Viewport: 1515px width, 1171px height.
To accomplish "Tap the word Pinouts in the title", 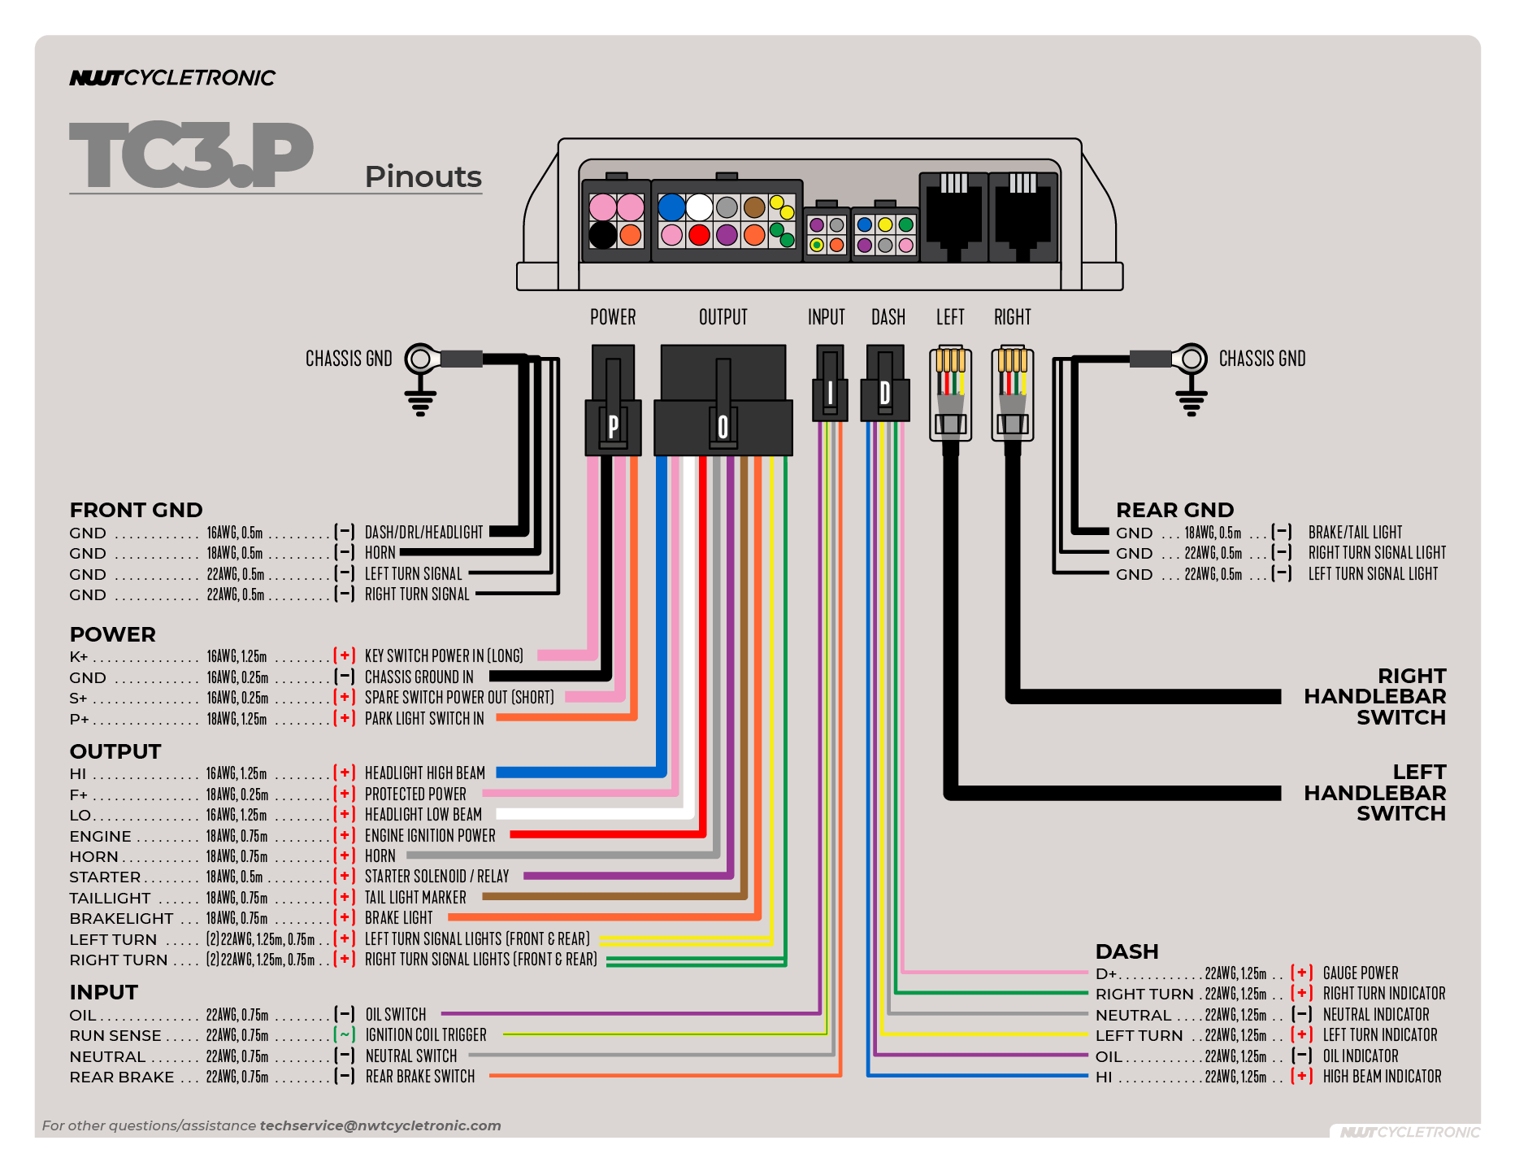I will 423,176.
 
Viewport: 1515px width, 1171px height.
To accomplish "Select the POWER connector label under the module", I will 613,317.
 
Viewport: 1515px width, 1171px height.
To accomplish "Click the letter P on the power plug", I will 613,425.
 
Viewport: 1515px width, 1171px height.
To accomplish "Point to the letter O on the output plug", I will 723,427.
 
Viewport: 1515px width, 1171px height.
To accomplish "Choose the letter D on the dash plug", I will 885,394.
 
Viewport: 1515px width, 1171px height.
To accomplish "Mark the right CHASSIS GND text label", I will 1262,359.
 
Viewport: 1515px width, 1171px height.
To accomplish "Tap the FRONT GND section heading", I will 136,510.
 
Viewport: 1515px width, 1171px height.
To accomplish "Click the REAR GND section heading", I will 1174,510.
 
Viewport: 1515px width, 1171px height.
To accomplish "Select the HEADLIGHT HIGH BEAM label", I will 424,773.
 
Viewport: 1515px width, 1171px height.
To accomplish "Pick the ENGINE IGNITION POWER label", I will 430,835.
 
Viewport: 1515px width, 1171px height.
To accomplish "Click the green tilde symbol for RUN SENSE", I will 345,1034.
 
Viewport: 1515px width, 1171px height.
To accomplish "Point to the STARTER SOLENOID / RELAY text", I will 436,876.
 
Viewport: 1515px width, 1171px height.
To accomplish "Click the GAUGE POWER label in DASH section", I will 1360,973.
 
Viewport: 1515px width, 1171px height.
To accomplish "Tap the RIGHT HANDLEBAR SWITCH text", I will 1374,696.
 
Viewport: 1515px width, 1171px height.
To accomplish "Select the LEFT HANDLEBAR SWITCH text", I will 1374,792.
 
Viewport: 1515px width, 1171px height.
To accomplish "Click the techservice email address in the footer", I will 380,1125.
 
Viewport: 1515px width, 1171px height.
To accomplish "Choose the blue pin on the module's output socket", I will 671,207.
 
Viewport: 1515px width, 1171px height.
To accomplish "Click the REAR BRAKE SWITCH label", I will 419,1076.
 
